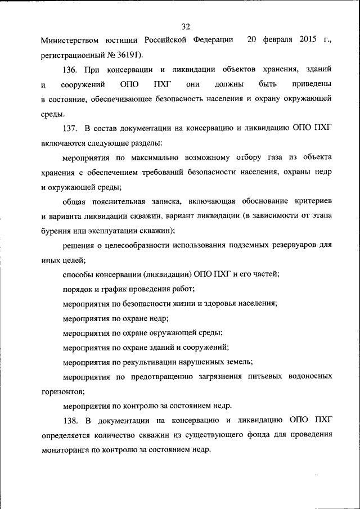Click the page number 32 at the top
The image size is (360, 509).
click(x=186, y=26)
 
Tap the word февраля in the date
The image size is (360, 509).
click(x=276, y=40)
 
